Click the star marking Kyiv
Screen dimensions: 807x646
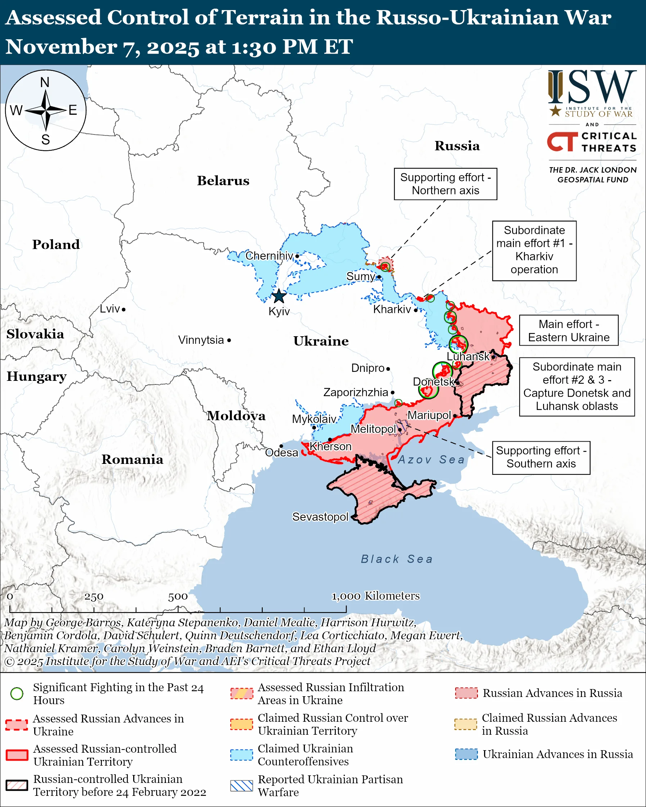pos(279,296)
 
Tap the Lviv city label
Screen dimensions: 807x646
pos(110,309)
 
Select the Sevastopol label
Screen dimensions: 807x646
pos(320,516)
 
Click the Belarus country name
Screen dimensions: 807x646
pos(223,181)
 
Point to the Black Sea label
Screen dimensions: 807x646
pos(397,559)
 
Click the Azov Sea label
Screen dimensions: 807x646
pos(431,459)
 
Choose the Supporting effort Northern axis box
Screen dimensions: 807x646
pos(445,184)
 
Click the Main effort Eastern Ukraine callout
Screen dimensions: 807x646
pos(569,330)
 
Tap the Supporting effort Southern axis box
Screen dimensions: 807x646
pos(541,457)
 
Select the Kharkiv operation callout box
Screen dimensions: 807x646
pos(534,250)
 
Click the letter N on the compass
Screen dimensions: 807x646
pos(45,82)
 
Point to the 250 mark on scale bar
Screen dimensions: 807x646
pos(94,597)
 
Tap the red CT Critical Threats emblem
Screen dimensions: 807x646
pos(562,141)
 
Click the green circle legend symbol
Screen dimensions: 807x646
pos(17,694)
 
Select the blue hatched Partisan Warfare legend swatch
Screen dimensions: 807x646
pos(241,786)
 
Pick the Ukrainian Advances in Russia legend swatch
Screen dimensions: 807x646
pos(466,754)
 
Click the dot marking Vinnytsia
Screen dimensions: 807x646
pos(229,340)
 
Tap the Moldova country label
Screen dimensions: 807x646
pos(236,415)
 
